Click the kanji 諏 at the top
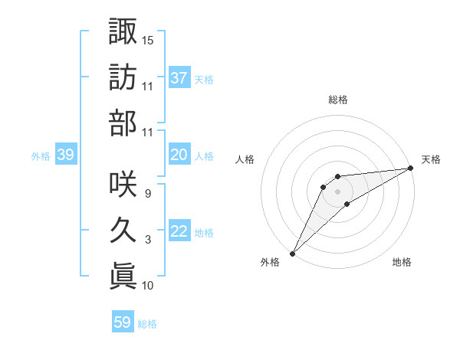tap(123, 31)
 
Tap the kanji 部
tap(123, 123)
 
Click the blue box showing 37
tap(179, 77)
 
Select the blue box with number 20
tap(179, 155)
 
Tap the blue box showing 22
tap(179, 231)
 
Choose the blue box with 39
tap(66, 155)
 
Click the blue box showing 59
tap(123, 322)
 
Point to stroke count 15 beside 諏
tap(148, 40)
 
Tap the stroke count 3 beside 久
tap(147, 240)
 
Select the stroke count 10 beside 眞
tap(148, 286)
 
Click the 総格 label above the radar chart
tap(337, 100)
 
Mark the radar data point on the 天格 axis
tap(410, 168)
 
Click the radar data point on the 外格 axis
tap(292, 254)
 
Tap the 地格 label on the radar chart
tap(402, 263)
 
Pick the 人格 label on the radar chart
tap(245, 159)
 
